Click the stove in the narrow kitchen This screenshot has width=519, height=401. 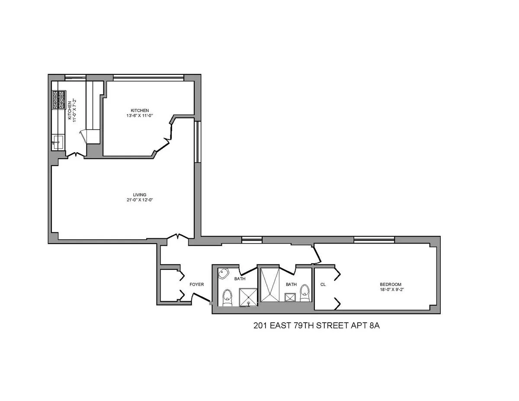coord(58,99)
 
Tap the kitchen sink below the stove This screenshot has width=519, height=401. coord(58,141)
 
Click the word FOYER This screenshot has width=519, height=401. coord(196,284)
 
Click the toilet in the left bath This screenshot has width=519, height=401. coord(227,297)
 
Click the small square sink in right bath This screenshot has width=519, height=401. coord(289,297)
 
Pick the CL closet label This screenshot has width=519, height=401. coord(323,284)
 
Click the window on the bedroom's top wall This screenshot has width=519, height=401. coord(374,240)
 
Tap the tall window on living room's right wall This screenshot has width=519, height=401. coord(197,142)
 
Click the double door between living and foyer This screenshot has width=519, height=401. coord(178,237)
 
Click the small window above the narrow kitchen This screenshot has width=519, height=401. coord(75,78)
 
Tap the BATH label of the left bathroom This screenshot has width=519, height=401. coord(240,279)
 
